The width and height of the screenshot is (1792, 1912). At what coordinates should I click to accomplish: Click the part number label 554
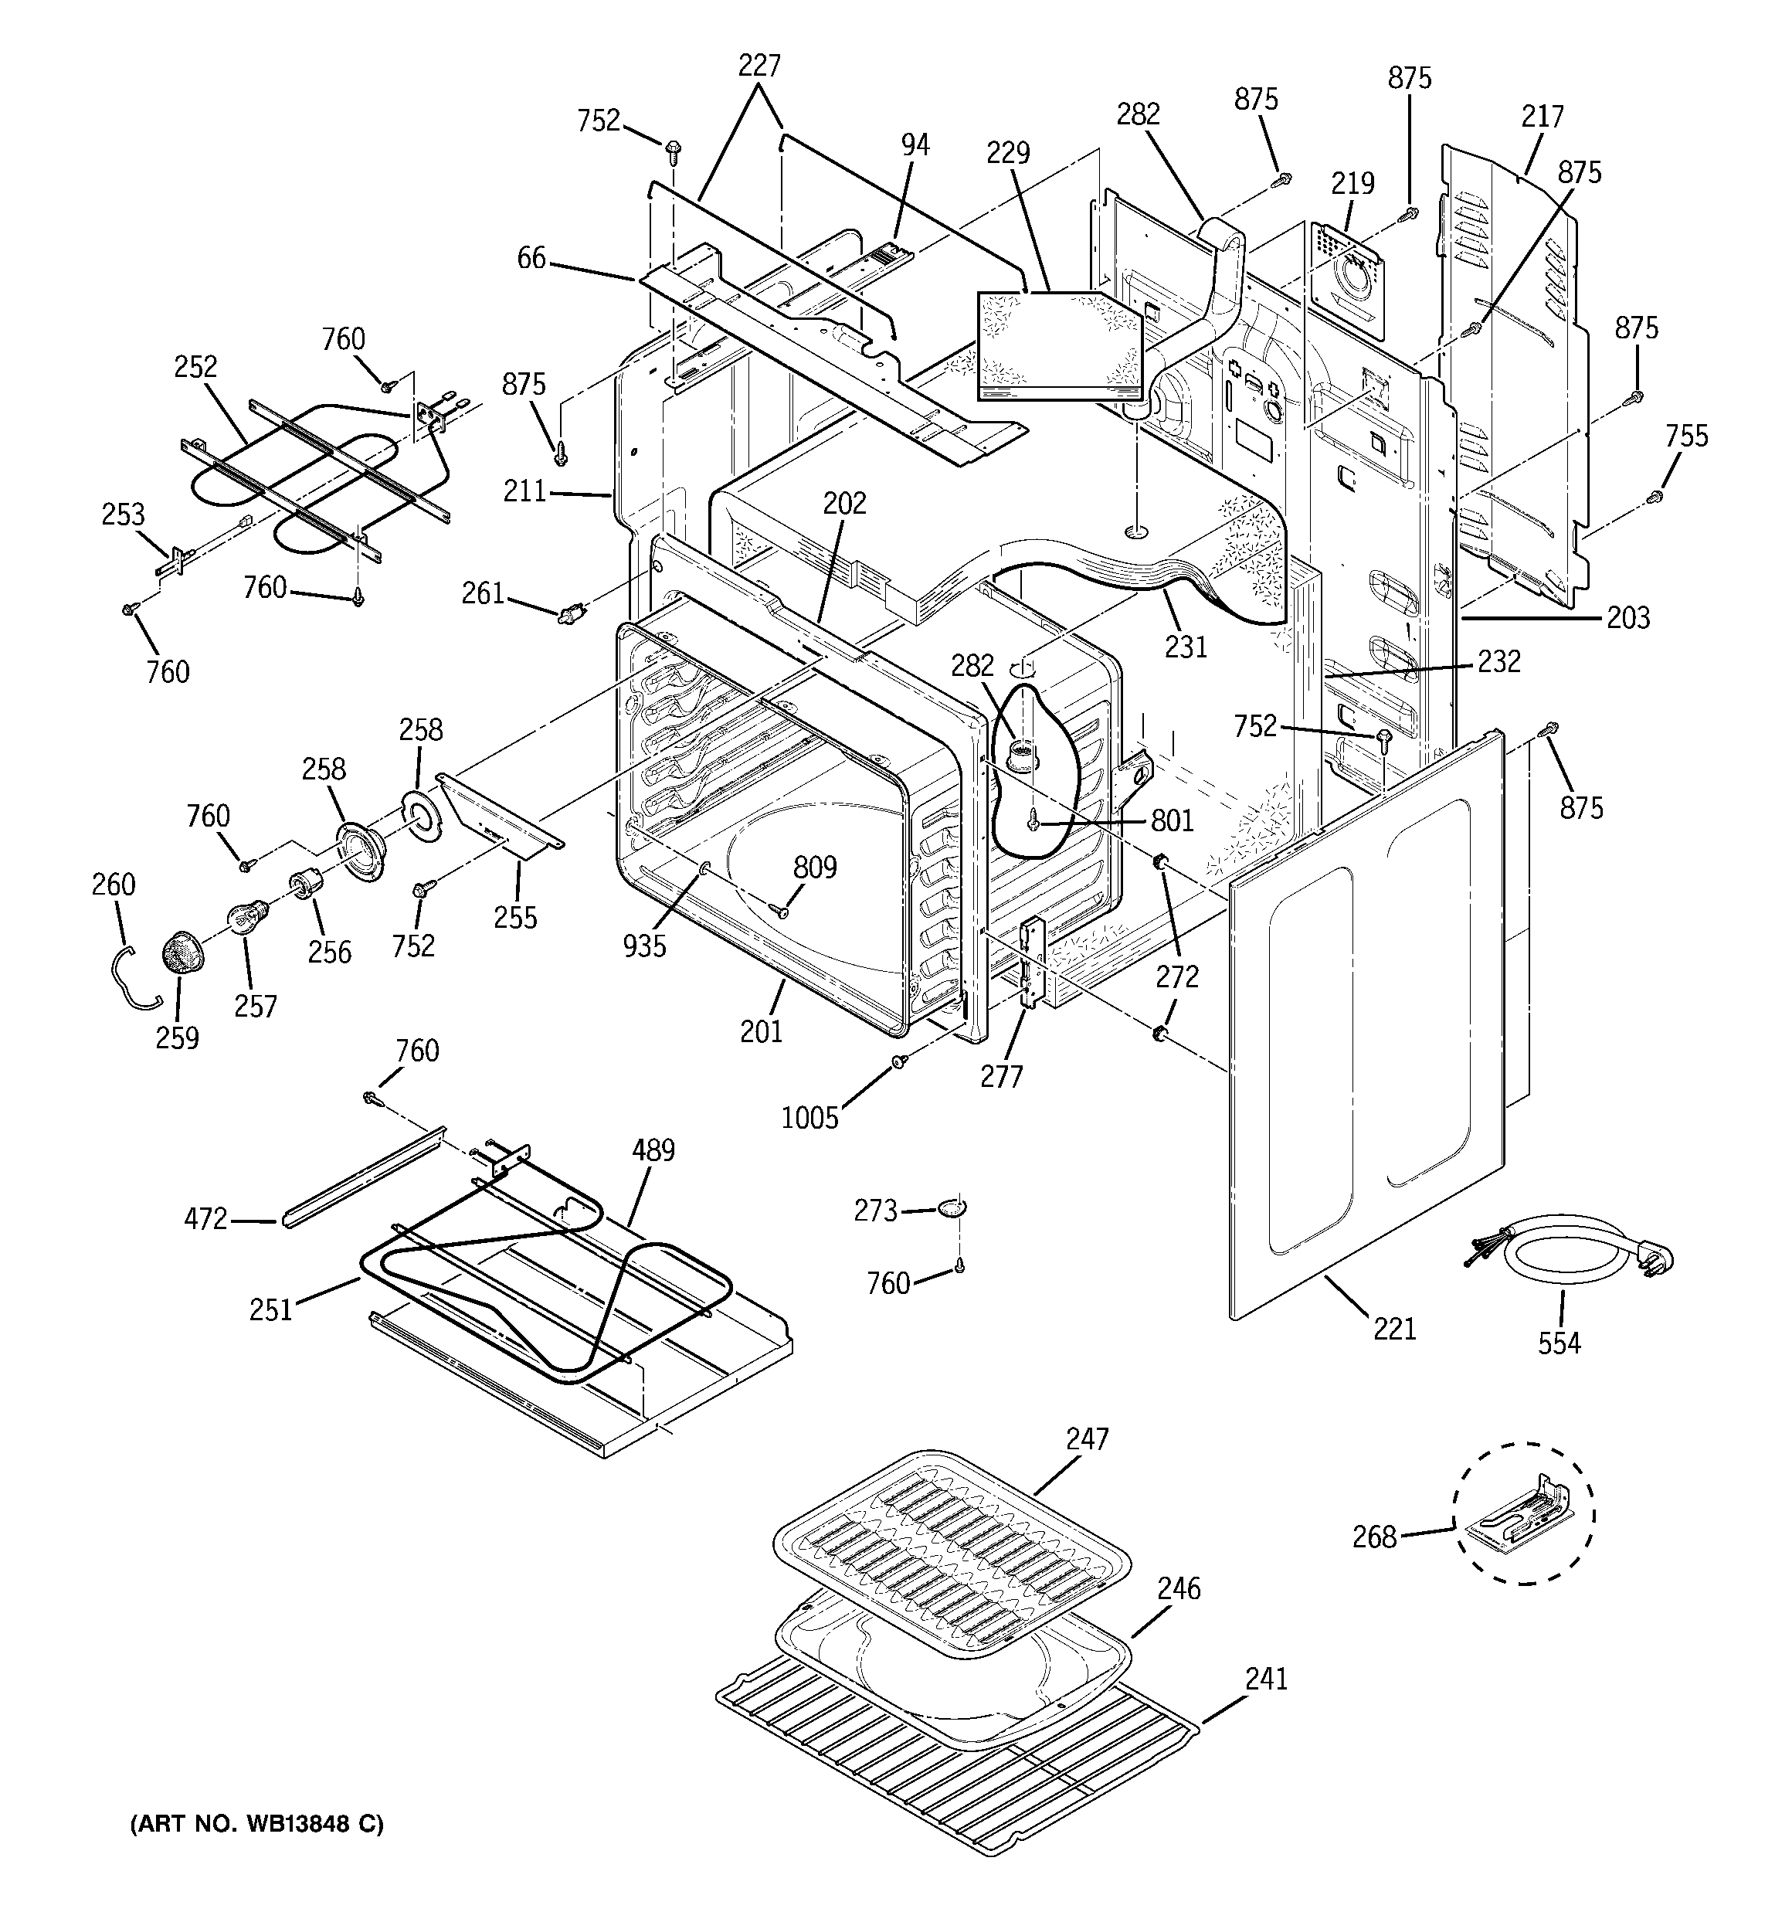tap(1558, 1343)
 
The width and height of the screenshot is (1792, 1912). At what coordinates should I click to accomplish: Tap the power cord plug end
tap(1658, 1256)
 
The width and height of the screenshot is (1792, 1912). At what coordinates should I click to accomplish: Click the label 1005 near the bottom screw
tap(810, 1118)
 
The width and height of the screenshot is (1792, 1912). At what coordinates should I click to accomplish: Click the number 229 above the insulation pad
tap(1008, 153)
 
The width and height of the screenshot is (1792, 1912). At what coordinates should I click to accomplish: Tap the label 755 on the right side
tap(1687, 436)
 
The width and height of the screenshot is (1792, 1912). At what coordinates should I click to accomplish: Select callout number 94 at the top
tap(915, 145)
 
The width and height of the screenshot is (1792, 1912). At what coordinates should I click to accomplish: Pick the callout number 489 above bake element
tap(653, 1150)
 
